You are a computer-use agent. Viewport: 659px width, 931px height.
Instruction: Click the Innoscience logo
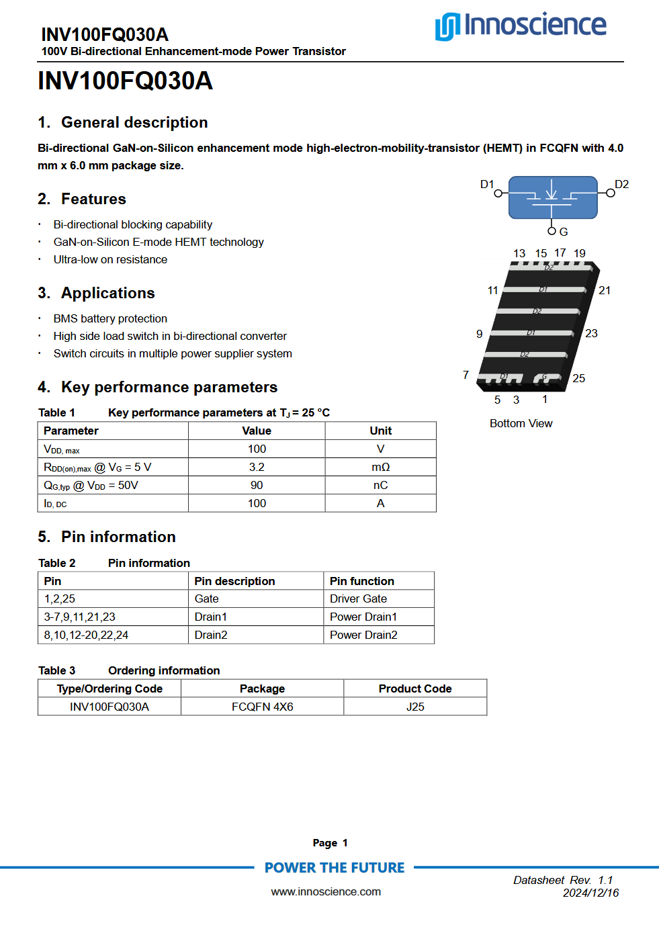[521, 26]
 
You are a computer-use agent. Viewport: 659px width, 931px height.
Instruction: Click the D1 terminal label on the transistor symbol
[487, 185]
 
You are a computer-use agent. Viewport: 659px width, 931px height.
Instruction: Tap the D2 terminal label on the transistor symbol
[621, 185]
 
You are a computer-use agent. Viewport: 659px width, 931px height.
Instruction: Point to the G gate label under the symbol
[564, 232]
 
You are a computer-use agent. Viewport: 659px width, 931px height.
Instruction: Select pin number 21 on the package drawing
[605, 291]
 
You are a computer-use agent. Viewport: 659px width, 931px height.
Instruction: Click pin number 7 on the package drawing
[466, 375]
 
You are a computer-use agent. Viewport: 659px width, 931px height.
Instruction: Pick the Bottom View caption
[521, 424]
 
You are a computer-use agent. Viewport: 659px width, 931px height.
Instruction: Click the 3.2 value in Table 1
[257, 468]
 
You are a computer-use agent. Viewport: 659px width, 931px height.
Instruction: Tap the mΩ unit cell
[380, 468]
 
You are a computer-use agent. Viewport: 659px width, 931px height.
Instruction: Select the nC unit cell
[380, 486]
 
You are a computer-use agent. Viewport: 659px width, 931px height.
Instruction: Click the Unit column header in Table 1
[380, 431]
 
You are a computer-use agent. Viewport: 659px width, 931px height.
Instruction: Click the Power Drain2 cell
[363, 635]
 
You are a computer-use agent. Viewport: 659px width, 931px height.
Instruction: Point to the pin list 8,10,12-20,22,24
[86, 635]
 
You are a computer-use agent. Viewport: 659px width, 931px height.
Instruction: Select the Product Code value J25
[415, 707]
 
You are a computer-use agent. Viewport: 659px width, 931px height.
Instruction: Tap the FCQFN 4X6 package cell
[262, 707]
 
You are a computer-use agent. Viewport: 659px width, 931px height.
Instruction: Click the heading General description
[134, 123]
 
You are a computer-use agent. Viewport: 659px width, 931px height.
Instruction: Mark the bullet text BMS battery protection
[110, 319]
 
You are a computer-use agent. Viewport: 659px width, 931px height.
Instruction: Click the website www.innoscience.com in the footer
[326, 892]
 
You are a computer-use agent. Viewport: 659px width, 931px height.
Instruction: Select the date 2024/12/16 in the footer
[590, 893]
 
